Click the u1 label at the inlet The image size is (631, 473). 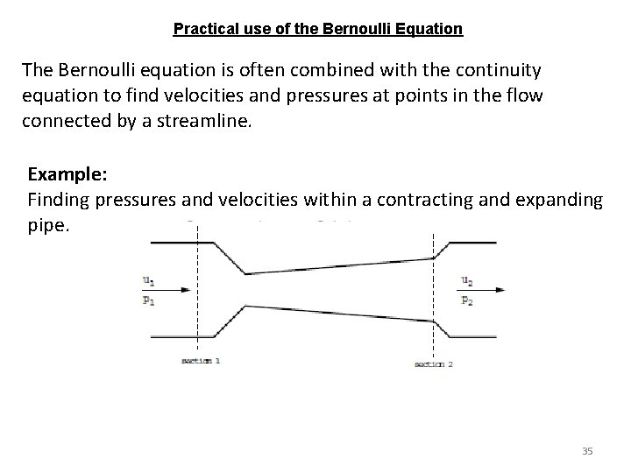pyautogui.click(x=149, y=280)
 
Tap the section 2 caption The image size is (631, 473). pyautogui.click(x=434, y=364)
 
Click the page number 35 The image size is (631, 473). pyautogui.click(x=587, y=451)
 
